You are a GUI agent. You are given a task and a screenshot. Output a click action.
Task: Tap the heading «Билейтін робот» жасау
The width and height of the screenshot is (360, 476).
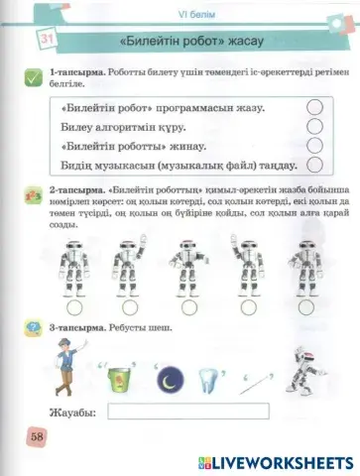[x=188, y=45]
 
